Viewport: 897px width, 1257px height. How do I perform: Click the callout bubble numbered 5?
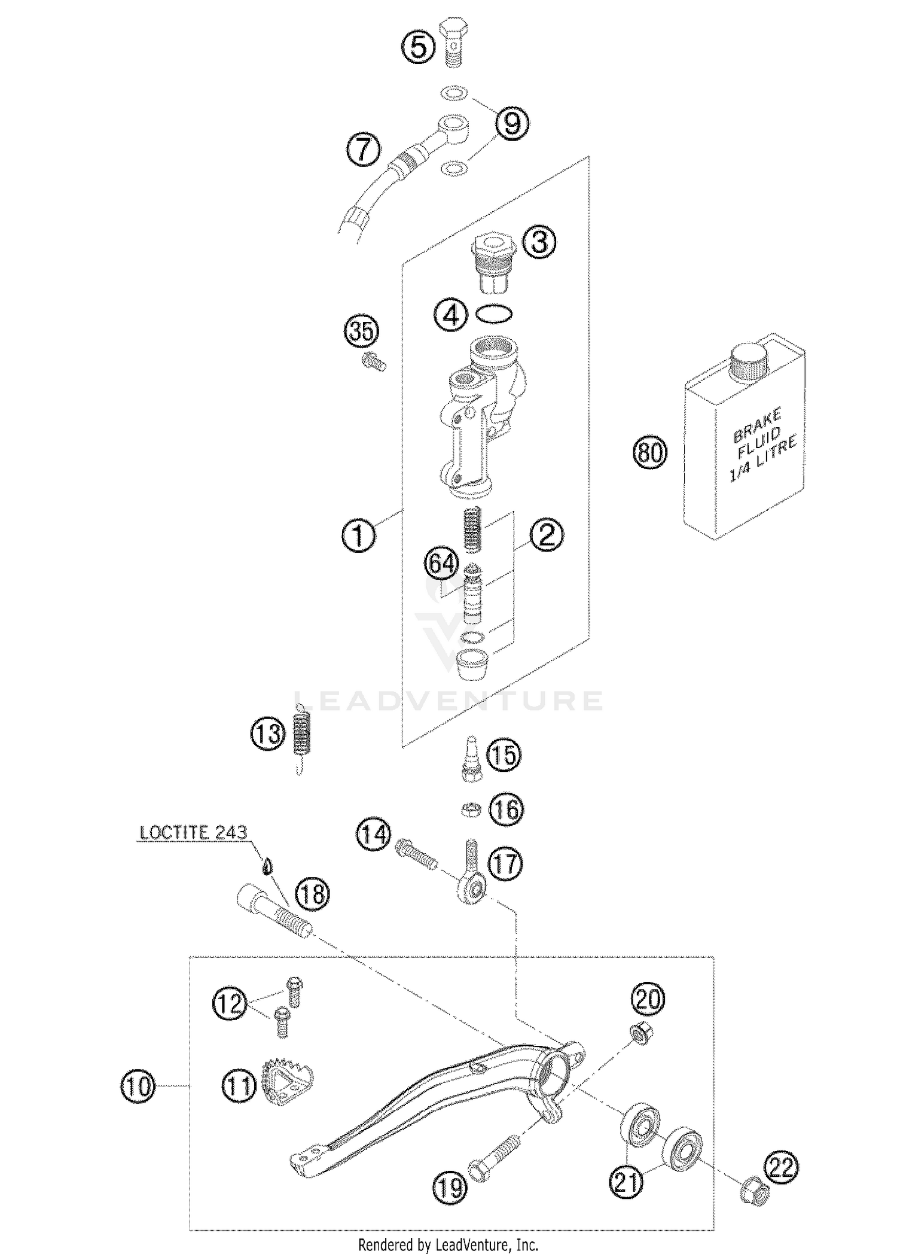click(418, 47)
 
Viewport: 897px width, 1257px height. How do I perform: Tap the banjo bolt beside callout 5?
click(454, 42)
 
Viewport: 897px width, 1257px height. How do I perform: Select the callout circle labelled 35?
click(362, 331)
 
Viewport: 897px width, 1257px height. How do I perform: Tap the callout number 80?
click(650, 452)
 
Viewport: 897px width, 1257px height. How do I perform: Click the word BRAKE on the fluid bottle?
click(756, 424)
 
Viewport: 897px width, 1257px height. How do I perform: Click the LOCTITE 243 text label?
click(193, 832)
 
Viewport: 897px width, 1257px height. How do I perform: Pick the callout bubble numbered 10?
click(138, 1086)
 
